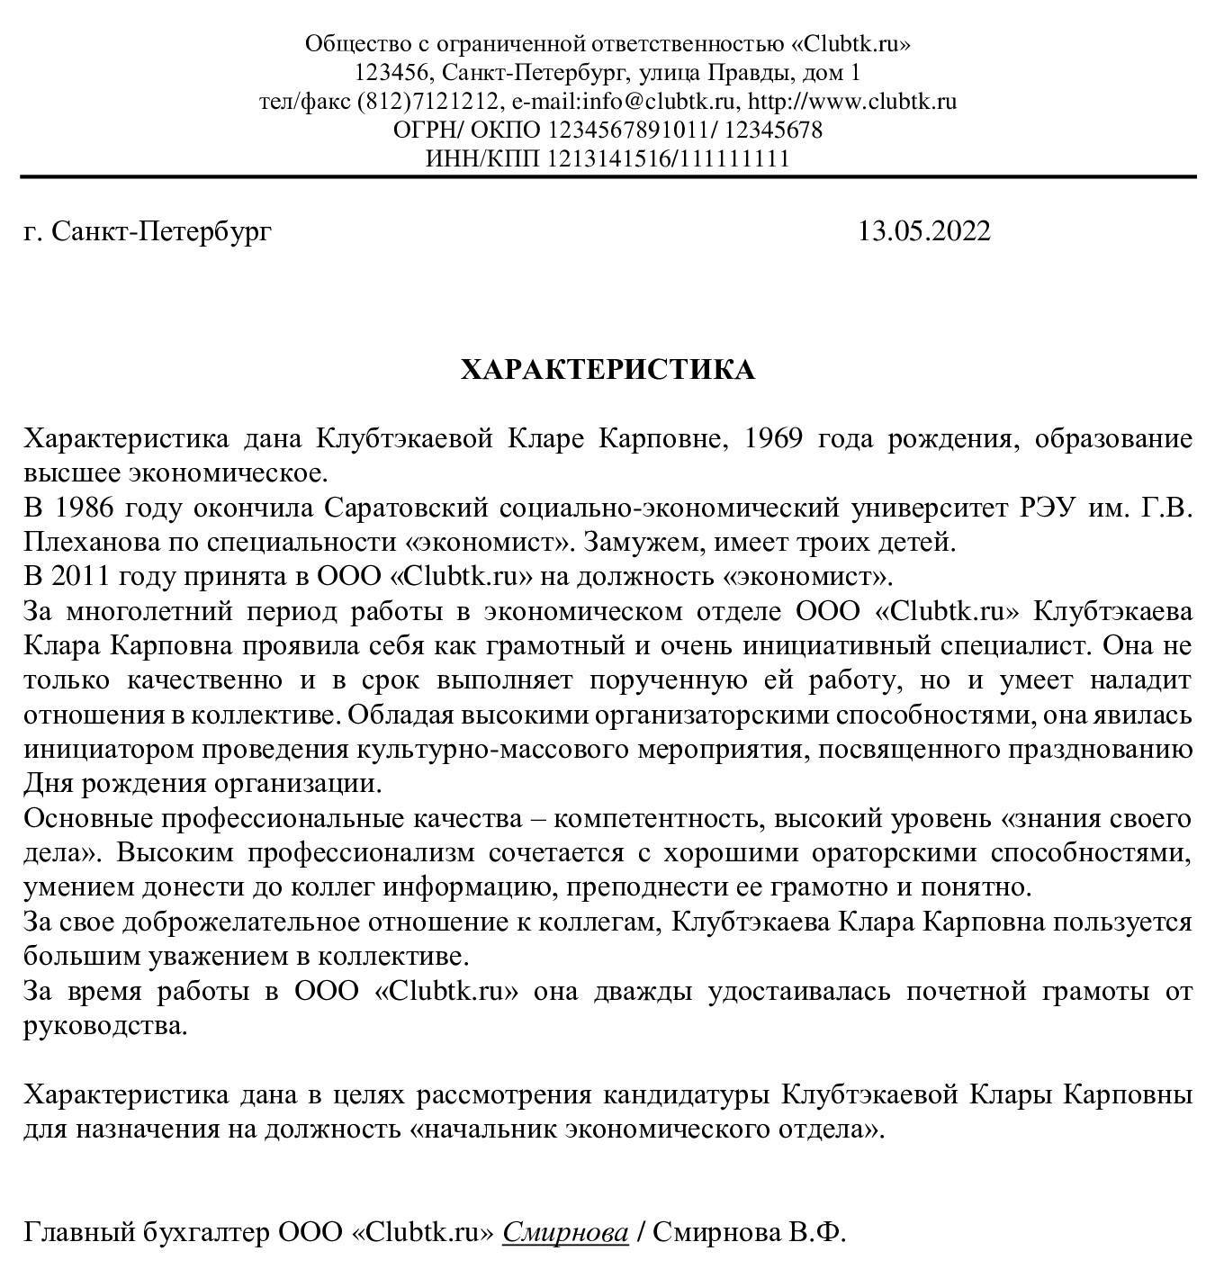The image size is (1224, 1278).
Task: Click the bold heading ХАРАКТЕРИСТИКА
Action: [607, 370]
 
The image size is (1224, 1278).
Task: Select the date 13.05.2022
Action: [923, 231]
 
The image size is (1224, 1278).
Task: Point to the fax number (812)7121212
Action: [429, 101]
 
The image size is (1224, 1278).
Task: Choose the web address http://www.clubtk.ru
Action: [852, 101]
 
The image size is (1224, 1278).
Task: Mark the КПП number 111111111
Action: [733, 158]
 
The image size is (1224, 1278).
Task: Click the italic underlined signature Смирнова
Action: [565, 1231]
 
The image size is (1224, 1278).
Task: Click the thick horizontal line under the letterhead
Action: [607, 176]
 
